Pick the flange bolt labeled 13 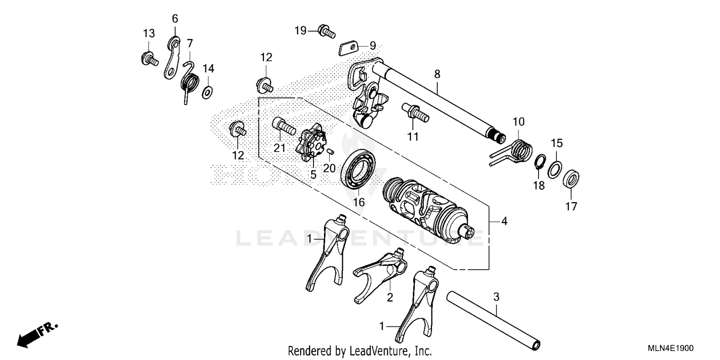click(149, 59)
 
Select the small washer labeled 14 click(207, 91)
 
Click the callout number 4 click(504, 221)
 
